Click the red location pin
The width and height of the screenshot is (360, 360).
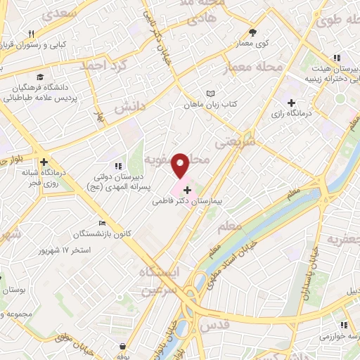tap(181, 166)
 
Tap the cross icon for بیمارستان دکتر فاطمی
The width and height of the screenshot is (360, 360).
tap(187, 189)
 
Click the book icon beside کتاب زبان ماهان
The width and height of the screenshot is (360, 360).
tap(210, 93)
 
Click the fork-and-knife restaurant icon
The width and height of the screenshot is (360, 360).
tap(30, 34)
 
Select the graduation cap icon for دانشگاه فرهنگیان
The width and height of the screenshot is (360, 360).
tap(41, 77)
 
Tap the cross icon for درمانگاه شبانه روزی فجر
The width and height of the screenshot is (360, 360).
tap(44, 161)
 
